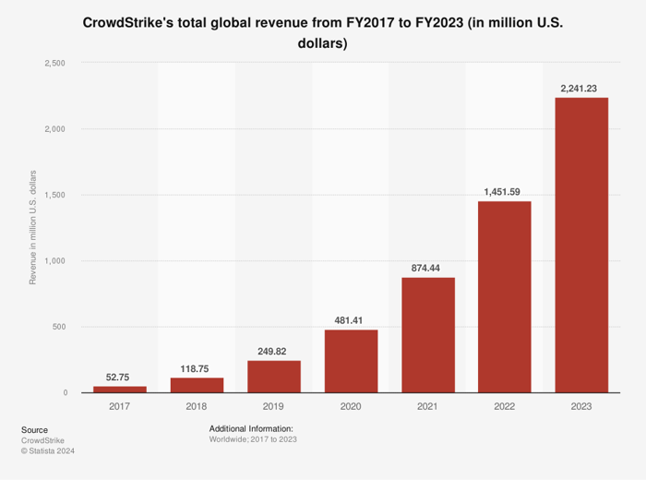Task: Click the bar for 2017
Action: (x=119, y=389)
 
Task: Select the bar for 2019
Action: (x=273, y=376)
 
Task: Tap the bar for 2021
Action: (x=427, y=334)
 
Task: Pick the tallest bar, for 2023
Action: (x=580, y=245)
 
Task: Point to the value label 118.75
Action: (x=197, y=366)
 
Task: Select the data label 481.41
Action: (x=350, y=318)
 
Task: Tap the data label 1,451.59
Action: (x=504, y=191)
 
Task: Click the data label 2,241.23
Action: (x=580, y=88)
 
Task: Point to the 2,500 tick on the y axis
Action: (x=55, y=63)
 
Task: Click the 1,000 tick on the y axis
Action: (x=55, y=261)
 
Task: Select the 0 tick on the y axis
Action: (x=65, y=393)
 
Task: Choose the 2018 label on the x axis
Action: (x=197, y=406)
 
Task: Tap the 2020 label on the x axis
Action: (x=350, y=406)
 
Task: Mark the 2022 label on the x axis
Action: (x=504, y=406)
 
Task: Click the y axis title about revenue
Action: (x=33, y=227)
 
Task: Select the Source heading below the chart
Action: (x=34, y=429)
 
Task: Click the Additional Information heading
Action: (x=251, y=429)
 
